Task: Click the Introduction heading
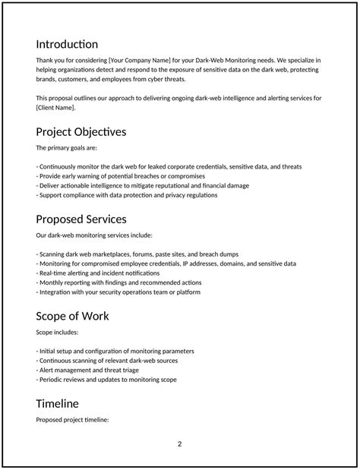pyautogui.click(x=67, y=44)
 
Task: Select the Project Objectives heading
pyautogui.click(x=81, y=131)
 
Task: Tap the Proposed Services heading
pyautogui.click(x=81, y=219)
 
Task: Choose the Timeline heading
pyautogui.click(x=58, y=403)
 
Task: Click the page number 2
pyautogui.click(x=180, y=444)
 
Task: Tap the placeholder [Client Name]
pyautogui.click(x=55, y=108)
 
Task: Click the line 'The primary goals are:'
pyautogui.click(x=66, y=147)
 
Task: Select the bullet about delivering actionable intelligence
pyautogui.click(x=142, y=185)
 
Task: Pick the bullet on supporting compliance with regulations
pyautogui.click(x=127, y=195)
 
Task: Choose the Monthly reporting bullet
pyautogui.click(x=118, y=282)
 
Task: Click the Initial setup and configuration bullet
pyautogui.click(x=115, y=351)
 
